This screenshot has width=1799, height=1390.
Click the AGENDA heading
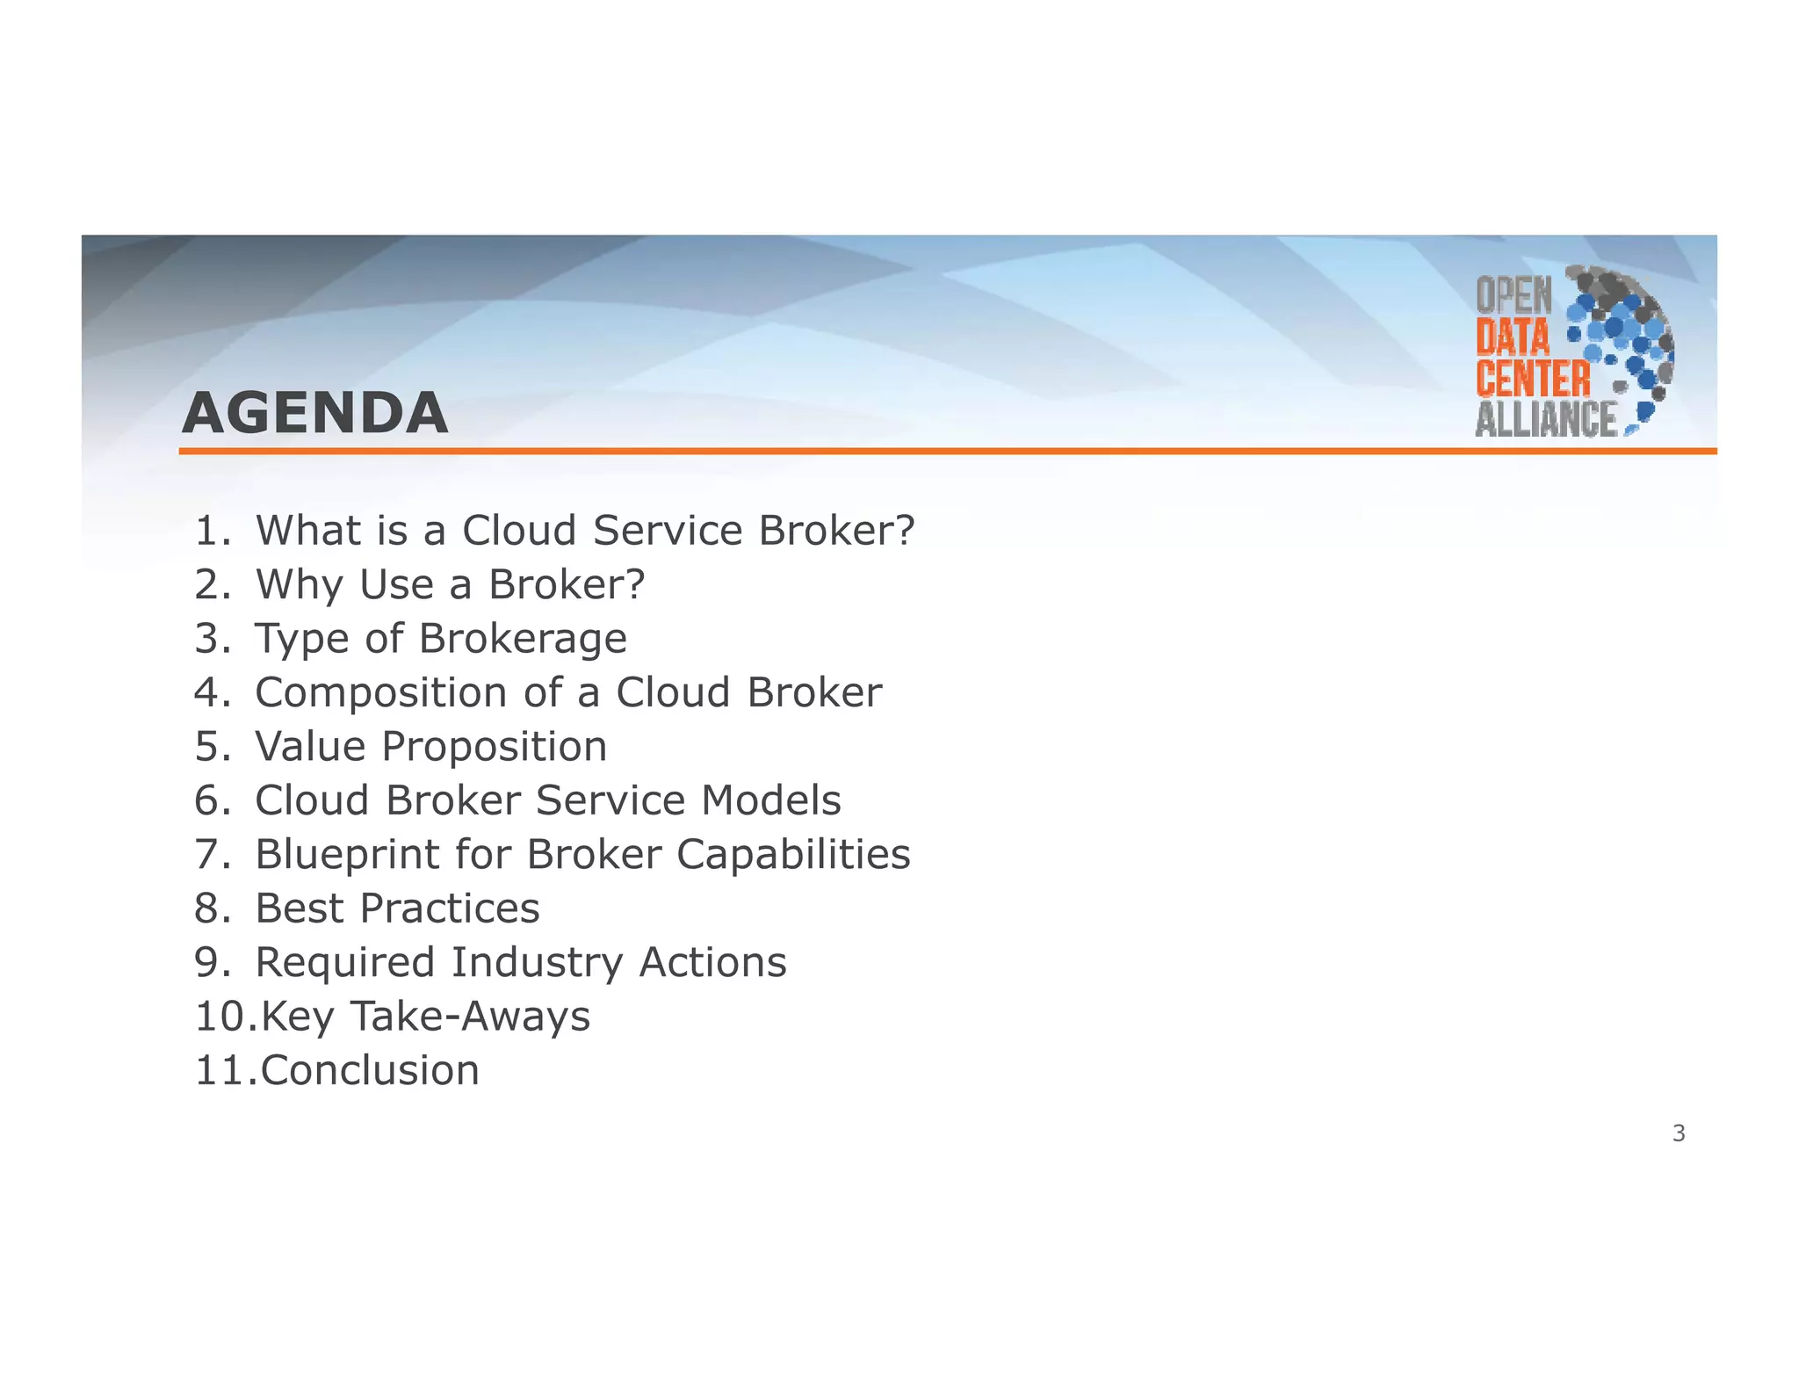314,413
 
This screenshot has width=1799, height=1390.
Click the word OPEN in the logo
1514,296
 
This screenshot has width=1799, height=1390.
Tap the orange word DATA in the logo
1513,338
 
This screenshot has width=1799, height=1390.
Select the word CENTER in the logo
1533,380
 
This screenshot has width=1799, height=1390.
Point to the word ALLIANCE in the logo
1546,420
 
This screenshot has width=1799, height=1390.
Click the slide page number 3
1679,1133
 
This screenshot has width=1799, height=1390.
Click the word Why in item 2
300,584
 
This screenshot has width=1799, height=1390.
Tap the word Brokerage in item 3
523,639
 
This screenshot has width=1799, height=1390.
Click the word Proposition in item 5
494,747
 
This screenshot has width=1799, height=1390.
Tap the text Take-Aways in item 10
471,1017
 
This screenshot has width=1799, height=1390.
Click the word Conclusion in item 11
370,1070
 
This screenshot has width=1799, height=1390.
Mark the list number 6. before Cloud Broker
213,800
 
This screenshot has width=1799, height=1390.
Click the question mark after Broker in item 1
903,531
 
